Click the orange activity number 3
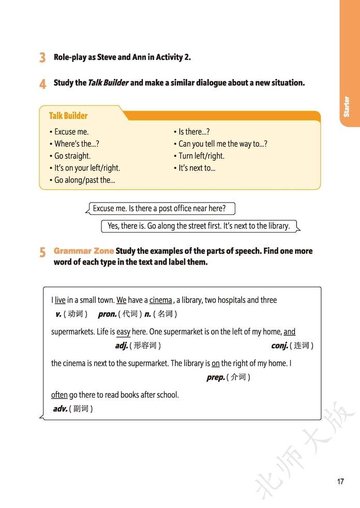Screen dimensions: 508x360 coord(42,57)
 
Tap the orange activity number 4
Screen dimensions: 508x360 coord(42,83)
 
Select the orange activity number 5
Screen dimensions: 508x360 coord(42,252)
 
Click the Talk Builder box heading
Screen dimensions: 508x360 coord(68,116)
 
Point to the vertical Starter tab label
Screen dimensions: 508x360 coord(347,106)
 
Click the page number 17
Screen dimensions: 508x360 coord(340,482)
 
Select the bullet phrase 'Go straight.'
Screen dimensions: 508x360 coord(72,156)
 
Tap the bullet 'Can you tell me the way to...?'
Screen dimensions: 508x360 coord(223,144)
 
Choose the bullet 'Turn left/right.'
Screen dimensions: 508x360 coord(201,156)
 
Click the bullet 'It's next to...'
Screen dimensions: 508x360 coord(197,168)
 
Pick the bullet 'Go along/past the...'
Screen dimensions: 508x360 coord(85,180)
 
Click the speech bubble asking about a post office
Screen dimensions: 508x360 coord(160,209)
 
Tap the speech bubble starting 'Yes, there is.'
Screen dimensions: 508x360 coord(199,226)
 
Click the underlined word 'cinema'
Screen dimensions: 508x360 coord(161,300)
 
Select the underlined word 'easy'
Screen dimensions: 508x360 coord(123,332)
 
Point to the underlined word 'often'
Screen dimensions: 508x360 coord(59,395)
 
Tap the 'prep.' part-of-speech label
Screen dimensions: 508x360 coord(215,377)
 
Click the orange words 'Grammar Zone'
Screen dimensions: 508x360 coord(83,251)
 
